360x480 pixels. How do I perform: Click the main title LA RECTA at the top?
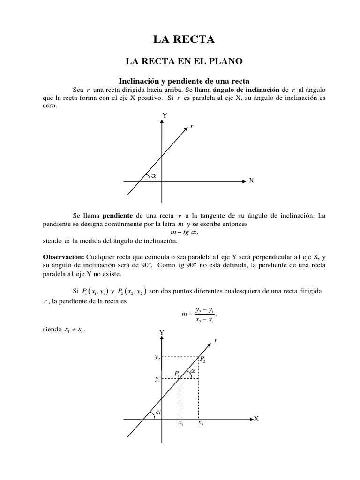[x=184, y=40]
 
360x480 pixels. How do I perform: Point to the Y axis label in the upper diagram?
[x=165, y=115]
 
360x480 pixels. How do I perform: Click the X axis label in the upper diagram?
[x=251, y=180]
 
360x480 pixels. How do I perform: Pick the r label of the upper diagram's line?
[x=191, y=127]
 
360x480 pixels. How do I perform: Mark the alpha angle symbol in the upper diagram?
[x=153, y=176]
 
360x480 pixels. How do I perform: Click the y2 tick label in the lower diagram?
[x=157, y=357]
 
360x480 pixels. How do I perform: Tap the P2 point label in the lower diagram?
[x=202, y=359]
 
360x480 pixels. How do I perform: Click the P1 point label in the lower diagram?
[x=177, y=373]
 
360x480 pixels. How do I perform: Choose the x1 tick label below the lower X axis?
[x=180, y=423]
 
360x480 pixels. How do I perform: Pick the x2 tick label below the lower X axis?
[x=200, y=423]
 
